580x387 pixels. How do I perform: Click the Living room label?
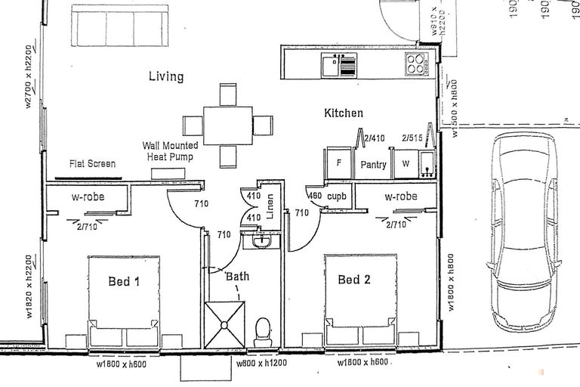tap(165, 76)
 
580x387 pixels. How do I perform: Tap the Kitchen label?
tap(344, 113)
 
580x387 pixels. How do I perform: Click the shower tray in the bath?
tap(224, 325)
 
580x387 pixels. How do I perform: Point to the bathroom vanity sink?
tap(261, 241)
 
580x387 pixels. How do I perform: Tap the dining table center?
tap(227, 124)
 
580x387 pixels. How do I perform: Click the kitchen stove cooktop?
tap(416, 63)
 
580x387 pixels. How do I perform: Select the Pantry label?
tap(374, 165)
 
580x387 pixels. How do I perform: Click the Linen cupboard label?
tap(270, 209)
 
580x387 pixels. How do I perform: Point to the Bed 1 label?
tap(125, 280)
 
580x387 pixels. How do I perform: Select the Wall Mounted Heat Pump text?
tap(171, 150)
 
